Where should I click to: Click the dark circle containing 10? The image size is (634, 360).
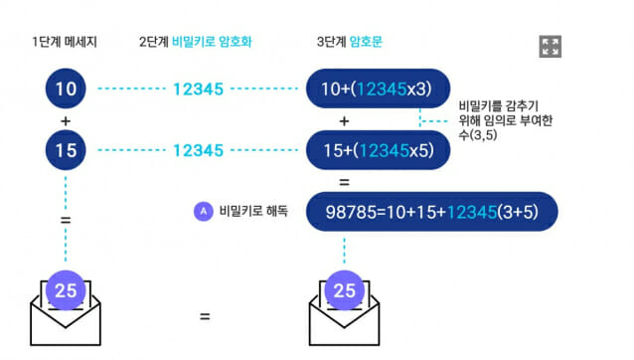(x=66, y=89)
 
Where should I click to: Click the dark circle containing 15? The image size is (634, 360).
(x=66, y=150)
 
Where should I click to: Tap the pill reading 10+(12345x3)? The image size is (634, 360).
(x=378, y=89)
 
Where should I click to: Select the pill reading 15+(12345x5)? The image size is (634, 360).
(x=378, y=150)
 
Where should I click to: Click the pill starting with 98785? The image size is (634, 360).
(x=432, y=212)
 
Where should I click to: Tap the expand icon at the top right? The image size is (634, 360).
(x=550, y=47)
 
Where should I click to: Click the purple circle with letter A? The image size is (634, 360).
(x=204, y=211)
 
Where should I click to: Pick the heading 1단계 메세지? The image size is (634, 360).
(x=65, y=42)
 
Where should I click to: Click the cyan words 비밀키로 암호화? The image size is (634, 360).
(x=212, y=42)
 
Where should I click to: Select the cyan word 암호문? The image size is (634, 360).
(x=366, y=42)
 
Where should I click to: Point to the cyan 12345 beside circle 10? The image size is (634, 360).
(x=198, y=89)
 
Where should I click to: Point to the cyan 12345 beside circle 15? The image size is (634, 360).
(x=198, y=150)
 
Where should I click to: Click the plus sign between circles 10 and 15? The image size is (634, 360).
(x=66, y=121)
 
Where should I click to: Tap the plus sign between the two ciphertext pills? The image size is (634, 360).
(x=344, y=121)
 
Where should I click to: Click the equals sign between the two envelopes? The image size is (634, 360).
(x=205, y=316)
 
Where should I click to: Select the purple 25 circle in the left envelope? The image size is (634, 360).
(x=66, y=290)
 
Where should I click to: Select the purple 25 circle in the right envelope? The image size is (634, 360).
(x=344, y=290)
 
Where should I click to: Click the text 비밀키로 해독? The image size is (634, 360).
(x=253, y=211)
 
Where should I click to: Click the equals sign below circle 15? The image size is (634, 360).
(x=66, y=220)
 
